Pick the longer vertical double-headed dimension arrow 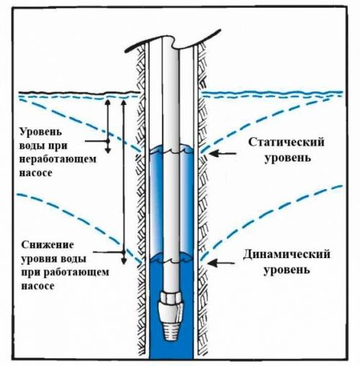(x=124, y=180)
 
